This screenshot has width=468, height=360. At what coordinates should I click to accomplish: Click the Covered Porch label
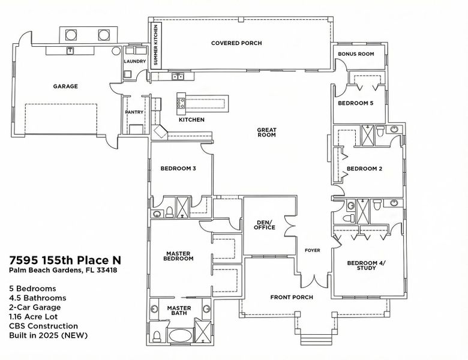(236, 43)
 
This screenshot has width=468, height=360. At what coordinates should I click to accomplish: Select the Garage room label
(65, 86)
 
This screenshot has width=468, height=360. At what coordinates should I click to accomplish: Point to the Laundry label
(134, 62)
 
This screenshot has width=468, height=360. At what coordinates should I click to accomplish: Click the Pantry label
(133, 112)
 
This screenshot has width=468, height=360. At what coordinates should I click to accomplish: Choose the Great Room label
(266, 133)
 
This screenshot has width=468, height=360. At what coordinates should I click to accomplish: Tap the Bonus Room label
(356, 54)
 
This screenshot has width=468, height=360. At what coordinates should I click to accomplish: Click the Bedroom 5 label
(356, 103)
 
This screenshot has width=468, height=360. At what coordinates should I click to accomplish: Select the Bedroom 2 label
(364, 169)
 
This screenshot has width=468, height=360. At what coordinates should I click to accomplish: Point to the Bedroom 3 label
(178, 168)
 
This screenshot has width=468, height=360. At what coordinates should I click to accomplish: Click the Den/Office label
(265, 225)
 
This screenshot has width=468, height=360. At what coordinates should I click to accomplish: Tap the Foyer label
(313, 250)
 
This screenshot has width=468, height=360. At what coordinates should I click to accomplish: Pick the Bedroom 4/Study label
(362, 265)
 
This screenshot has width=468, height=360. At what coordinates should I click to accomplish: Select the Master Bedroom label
(179, 256)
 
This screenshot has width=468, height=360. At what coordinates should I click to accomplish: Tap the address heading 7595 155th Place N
(65, 260)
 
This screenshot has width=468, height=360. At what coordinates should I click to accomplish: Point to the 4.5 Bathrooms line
(38, 298)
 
